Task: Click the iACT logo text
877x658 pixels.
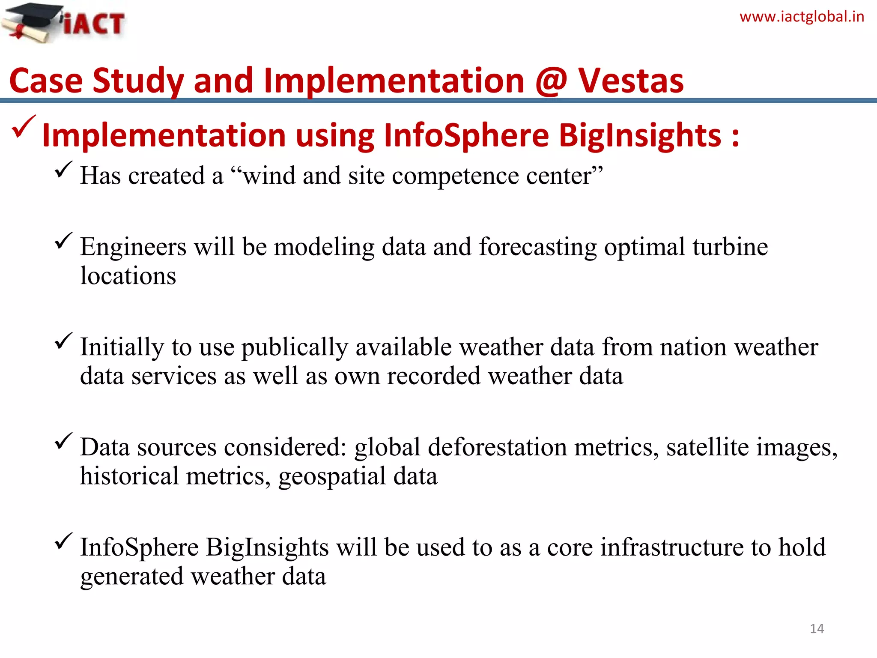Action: tap(94, 24)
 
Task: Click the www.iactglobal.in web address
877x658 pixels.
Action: tap(802, 17)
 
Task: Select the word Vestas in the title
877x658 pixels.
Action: tap(631, 81)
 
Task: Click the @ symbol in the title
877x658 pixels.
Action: tap(551, 81)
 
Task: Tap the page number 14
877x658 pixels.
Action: tap(817, 628)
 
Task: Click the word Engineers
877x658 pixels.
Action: tap(133, 247)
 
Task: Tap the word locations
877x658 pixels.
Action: tap(128, 276)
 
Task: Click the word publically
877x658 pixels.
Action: tap(295, 347)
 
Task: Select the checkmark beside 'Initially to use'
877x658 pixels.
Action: tap(63, 341)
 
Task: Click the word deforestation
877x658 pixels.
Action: tap(497, 447)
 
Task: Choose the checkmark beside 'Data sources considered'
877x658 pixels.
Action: tap(63, 441)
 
